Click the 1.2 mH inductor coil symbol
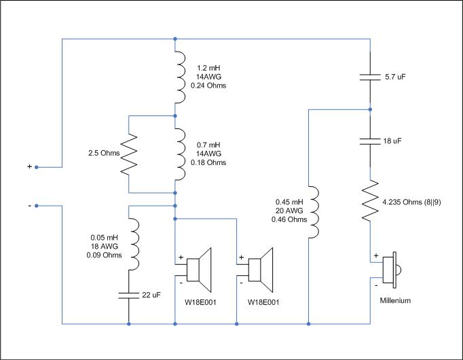(181, 77)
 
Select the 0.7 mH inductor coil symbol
(181, 154)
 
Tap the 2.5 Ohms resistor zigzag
(129, 154)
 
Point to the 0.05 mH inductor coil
(134, 244)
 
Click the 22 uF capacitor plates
(129, 295)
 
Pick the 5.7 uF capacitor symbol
(370, 77)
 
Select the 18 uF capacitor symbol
(370, 141)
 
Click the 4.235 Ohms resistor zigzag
(370, 200)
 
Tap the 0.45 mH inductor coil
(314, 212)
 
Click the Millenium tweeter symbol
(390, 270)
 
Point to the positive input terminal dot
(37, 167)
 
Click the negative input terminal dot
(37, 206)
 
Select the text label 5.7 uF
(395, 77)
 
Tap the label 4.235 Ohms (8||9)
(411, 202)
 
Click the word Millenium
(395, 301)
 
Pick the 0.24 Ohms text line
(208, 86)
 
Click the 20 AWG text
(289, 211)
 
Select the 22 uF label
(151, 295)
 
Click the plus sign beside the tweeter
(376, 255)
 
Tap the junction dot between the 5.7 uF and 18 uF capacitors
(370, 109)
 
